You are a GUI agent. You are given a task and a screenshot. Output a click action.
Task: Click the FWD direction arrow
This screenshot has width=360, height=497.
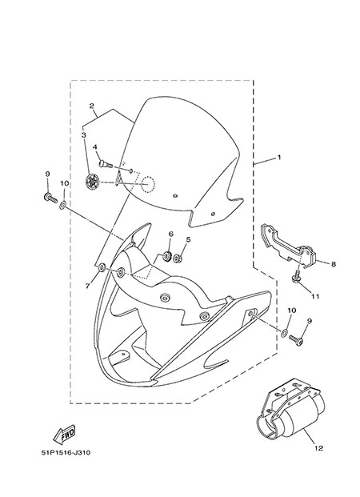pyautogui.click(x=64, y=435)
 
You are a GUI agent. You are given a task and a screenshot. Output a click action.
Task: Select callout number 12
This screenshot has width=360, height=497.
pyautogui.click(x=318, y=448)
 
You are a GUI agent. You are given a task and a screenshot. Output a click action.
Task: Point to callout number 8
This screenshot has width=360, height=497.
pyautogui.click(x=334, y=264)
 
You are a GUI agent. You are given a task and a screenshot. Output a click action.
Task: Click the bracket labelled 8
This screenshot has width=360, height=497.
pyautogui.click(x=287, y=246)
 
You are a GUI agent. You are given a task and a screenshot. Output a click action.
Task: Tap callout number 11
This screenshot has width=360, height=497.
pyautogui.click(x=315, y=297)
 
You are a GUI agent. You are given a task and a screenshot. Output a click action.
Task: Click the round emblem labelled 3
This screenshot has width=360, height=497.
pyautogui.click(x=93, y=182)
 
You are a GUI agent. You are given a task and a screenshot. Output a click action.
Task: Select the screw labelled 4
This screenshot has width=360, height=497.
pyautogui.click(x=106, y=164)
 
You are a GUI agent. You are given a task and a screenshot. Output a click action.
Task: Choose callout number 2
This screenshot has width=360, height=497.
pyautogui.click(x=91, y=106)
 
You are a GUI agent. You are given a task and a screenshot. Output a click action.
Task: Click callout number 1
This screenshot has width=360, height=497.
pyautogui.click(x=279, y=157)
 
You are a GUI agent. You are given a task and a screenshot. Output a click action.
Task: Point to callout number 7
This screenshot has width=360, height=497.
pyautogui.click(x=87, y=286)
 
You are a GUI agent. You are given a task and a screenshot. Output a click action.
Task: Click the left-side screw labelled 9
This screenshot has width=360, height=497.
pyautogui.click(x=50, y=198)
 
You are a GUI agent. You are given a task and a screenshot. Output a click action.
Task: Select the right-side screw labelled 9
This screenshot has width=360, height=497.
pyautogui.click(x=296, y=340)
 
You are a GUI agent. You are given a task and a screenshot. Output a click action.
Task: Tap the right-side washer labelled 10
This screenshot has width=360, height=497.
pyautogui.click(x=285, y=333)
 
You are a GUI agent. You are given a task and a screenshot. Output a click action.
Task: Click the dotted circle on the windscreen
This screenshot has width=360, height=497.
pyautogui.click(x=148, y=184)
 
